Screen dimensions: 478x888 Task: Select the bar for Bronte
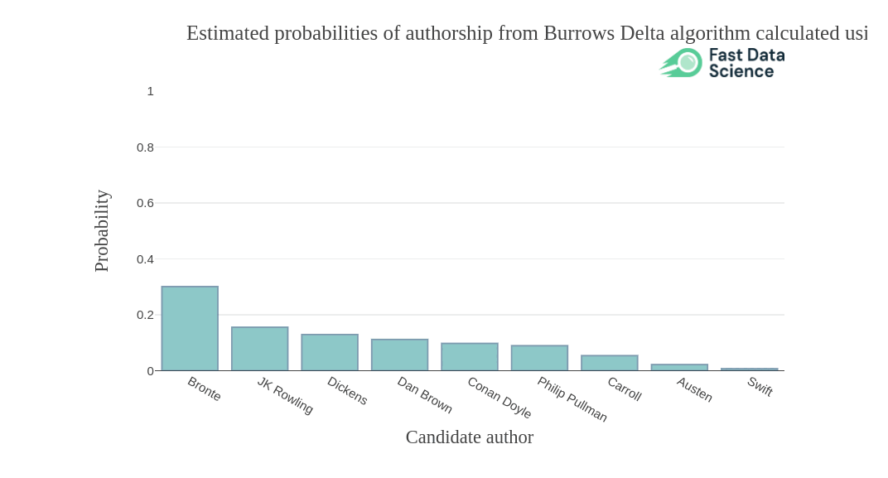click(x=190, y=329)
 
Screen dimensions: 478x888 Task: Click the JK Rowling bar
click(x=259, y=349)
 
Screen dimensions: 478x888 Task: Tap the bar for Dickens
click(x=330, y=353)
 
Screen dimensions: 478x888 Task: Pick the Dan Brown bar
click(x=399, y=355)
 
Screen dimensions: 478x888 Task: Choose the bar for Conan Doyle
click(x=470, y=357)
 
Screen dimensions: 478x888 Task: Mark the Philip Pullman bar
click(x=539, y=358)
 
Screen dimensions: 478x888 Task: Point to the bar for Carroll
click(x=610, y=363)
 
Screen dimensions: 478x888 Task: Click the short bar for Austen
click(x=679, y=367)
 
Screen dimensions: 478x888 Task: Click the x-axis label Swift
click(x=760, y=387)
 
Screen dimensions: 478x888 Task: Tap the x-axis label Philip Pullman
click(x=572, y=399)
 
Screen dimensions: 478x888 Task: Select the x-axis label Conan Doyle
click(x=499, y=398)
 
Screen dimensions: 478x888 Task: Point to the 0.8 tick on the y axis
click(x=145, y=147)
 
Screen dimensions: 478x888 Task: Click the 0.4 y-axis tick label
click(x=145, y=259)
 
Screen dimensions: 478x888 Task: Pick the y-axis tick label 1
click(x=150, y=91)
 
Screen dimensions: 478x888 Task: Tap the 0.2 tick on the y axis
click(x=145, y=315)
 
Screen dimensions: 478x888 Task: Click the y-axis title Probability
click(x=101, y=230)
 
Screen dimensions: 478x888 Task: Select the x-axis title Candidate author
click(x=469, y=437)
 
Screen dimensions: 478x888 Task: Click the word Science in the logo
click(x=741, y=71)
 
